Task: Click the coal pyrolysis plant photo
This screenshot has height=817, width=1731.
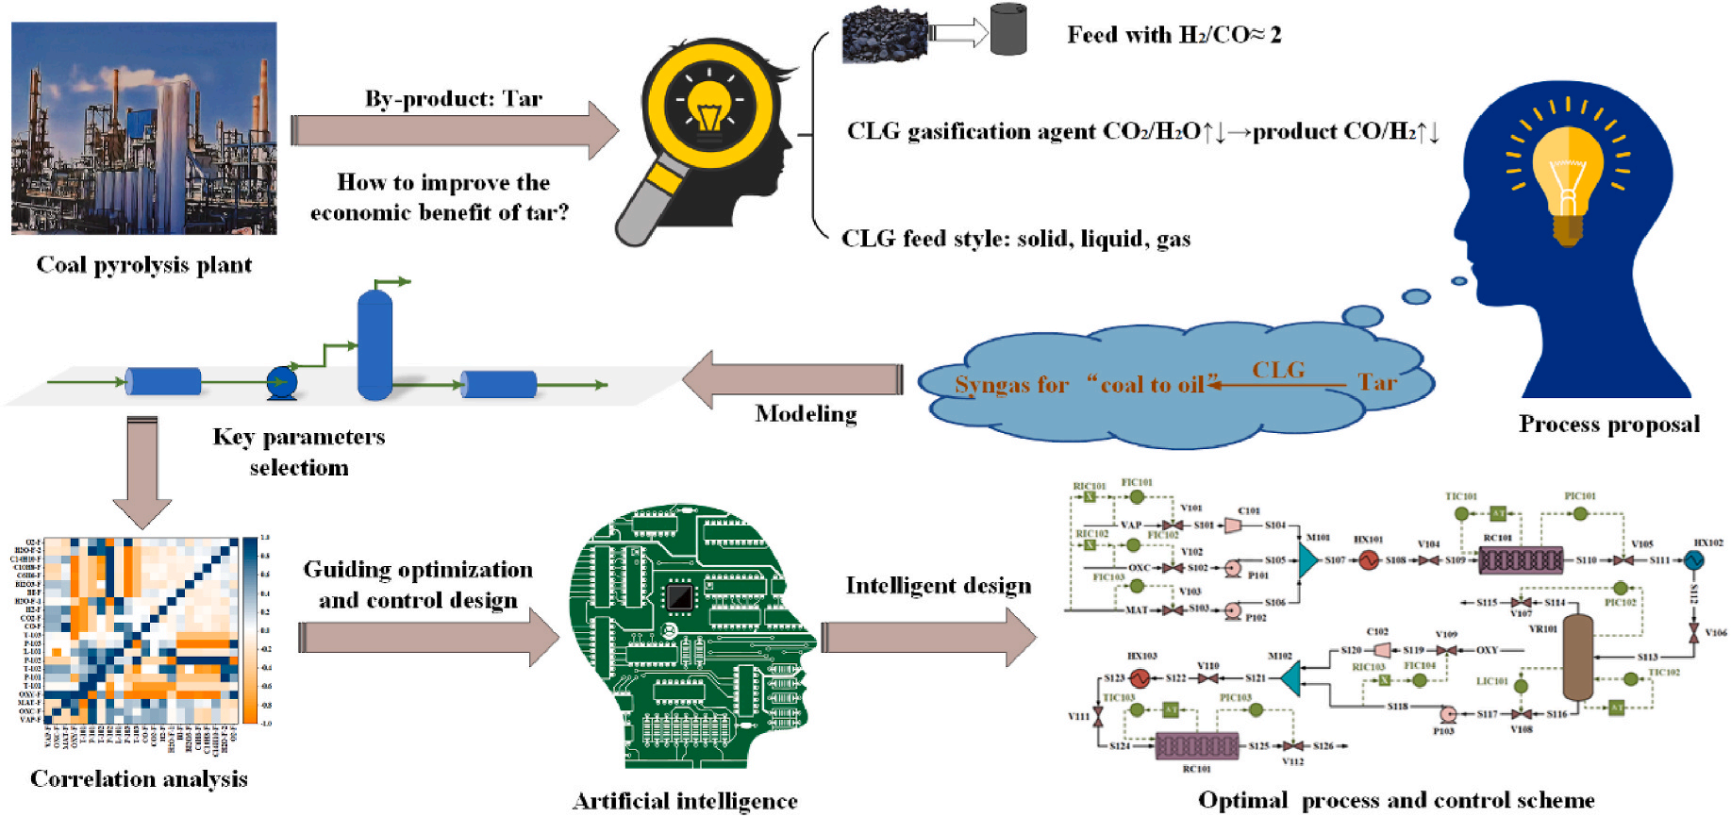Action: [x=143, y=127]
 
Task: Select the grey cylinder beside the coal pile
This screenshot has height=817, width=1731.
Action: [x=1007, y=30]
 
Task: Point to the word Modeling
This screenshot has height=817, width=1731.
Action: [x=806, y=414]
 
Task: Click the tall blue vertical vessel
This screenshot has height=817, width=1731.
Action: [x=374, y=344]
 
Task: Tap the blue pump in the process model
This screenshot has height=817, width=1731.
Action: [x=281, y=382]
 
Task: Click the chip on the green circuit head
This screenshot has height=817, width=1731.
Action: [x=679, y=596]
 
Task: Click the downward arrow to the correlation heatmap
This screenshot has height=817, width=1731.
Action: [x=141, y=472]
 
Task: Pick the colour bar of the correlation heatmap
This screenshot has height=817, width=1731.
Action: [x=250, y=630]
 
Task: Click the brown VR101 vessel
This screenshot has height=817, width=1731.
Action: [x=1577, y=657]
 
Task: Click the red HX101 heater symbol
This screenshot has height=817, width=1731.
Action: [x=1368, y=559]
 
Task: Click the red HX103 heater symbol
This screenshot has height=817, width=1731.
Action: [x=1140, y=677]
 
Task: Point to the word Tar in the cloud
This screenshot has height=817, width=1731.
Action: [x=1376, y=382]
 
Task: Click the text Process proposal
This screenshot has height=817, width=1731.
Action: [x=1608, y=425]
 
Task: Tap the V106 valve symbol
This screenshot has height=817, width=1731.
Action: [x=1693, y=633]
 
